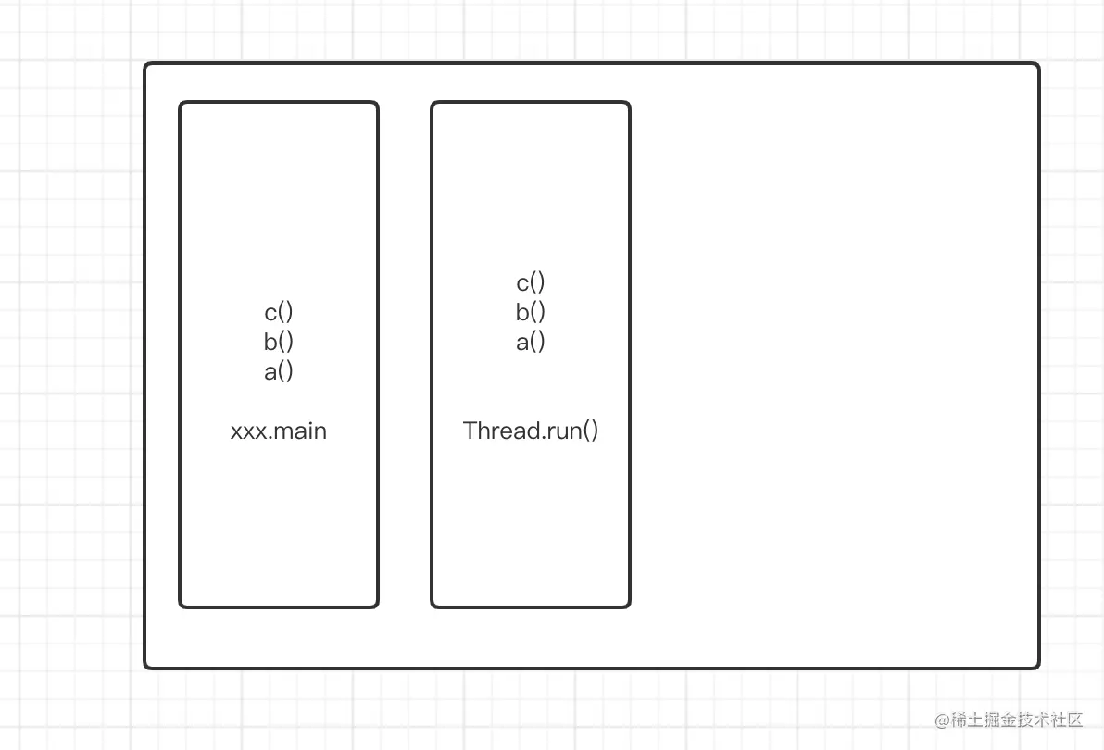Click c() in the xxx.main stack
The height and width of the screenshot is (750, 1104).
[x=279, y=312]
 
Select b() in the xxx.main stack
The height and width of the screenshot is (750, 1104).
[x=279, y=342]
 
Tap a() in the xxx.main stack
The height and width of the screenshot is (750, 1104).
[x=279, y=371]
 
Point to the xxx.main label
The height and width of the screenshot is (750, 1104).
[x=279, y=431]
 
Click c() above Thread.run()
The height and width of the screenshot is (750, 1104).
[x=531, y=282]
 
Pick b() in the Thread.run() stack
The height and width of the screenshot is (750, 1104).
[x=531, y=312]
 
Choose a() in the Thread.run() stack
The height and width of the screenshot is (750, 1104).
[x=531, y=342]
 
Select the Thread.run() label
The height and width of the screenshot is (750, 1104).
[x=531, y=431]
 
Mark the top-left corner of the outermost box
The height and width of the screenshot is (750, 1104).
[x=146, y=65]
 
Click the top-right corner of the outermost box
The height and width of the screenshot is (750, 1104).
[x=1037, y=65]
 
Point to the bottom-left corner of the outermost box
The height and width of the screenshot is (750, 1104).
[x=146, y=666]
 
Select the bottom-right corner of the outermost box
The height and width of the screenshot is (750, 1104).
[x=1037, y=666]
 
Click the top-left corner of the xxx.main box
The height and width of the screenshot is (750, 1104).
[x=182, y=104]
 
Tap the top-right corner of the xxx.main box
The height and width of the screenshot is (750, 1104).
[x=376, y=104]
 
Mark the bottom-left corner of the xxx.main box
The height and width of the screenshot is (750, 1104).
[x=182, y=606]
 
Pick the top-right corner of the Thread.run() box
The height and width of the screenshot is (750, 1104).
[x=628, y=104]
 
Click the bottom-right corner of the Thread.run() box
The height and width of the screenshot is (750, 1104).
[x=628, y=606]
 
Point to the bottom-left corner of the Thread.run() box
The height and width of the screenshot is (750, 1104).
[x=433, y=606]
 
